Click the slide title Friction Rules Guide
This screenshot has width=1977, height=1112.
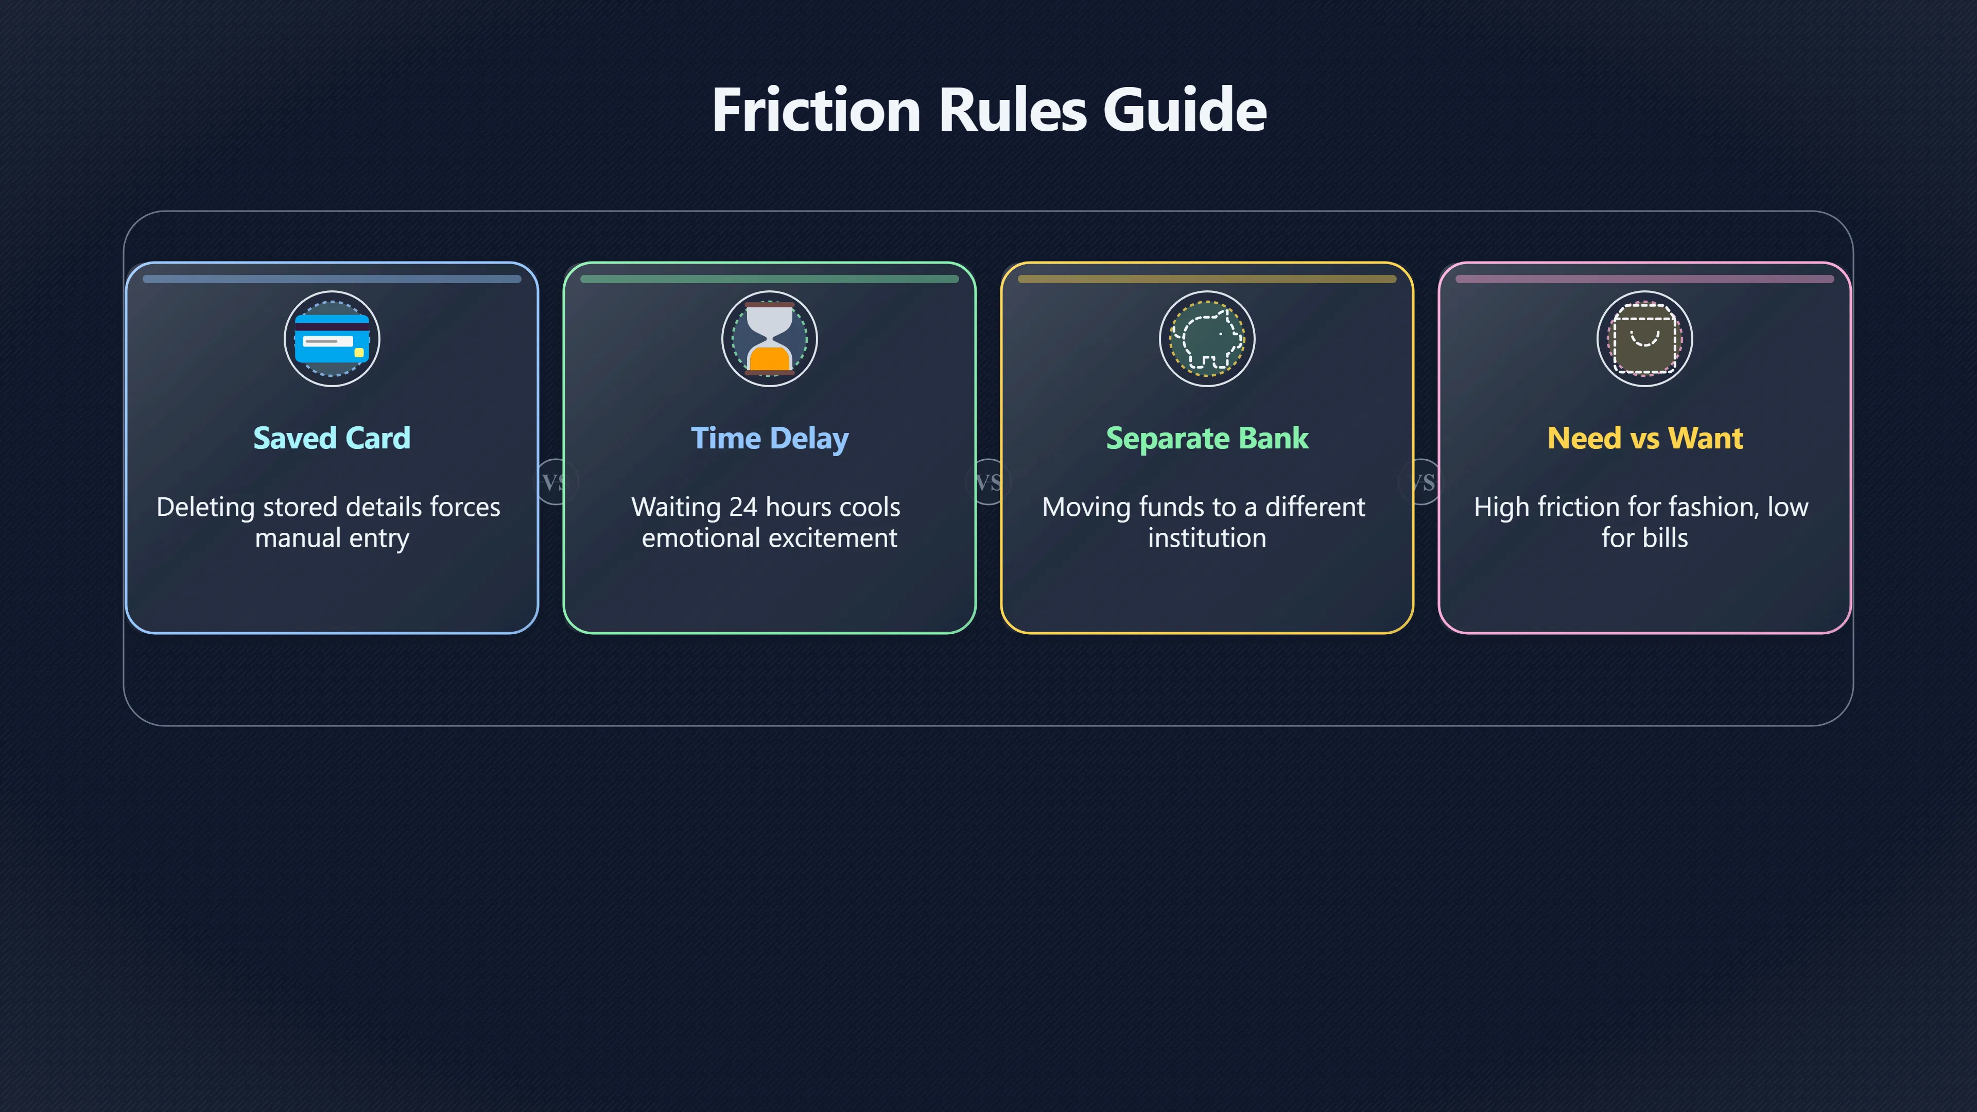989,110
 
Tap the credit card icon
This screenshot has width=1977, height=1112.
332,338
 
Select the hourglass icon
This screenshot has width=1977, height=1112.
769,338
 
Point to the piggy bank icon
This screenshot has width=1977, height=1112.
1206,338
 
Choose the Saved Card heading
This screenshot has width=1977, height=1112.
332,438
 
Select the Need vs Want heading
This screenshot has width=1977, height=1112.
1645,438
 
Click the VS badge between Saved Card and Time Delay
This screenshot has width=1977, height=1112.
554,482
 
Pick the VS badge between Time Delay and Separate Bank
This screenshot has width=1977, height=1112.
988,482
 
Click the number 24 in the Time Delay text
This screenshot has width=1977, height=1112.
743,507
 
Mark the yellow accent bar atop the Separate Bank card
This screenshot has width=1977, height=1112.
1206,280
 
